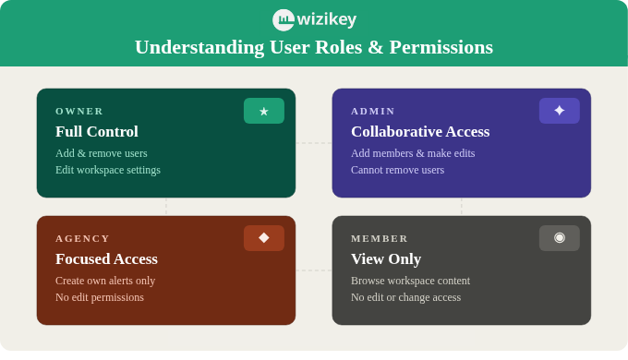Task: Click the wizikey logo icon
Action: tap(283, 19)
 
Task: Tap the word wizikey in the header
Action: tap(326, 19)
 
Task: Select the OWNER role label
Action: tap(79, 111)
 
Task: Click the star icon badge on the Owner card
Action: tap(264, 111)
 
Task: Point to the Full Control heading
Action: tap(97, 132)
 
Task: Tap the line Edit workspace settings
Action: tap(108, 170)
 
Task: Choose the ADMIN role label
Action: tap(373, 111)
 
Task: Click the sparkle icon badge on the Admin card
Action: tap(560, 111)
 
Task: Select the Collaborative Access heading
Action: tap(420, 132)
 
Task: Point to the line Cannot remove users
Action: tap(397, 170)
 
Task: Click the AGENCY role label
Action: tap(83, 238)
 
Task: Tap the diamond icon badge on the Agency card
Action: tap(264, 238)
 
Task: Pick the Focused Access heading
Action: tap(106, 259)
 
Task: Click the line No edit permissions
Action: tap(100, 297)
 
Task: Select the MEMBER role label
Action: tap(380, 238)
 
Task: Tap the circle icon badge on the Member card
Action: tap(560, 238)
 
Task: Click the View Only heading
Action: tap(386, 259)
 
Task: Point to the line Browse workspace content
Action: tap(410, 281)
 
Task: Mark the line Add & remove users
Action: tap(102, 153)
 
